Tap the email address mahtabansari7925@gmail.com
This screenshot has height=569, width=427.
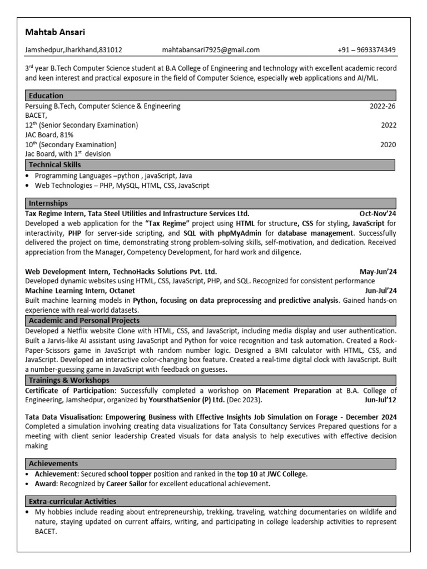click(x=211, y=50)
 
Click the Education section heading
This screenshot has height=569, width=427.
click(x=46, y=96)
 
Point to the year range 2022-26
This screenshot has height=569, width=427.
click(x=383, y=106)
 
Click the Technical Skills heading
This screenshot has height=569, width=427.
click(x=54, y=164)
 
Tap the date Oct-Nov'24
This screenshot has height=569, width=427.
click(x=378, y=213)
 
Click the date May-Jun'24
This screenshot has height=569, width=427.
click(x=378, y=272)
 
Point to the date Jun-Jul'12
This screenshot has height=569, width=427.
click(x=380, y=400)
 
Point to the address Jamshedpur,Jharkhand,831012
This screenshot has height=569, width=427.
click(x=73, y=50)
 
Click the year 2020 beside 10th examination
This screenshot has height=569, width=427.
click(x=388, y=144)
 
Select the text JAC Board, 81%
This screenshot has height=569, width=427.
click(x=49, y=134)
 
